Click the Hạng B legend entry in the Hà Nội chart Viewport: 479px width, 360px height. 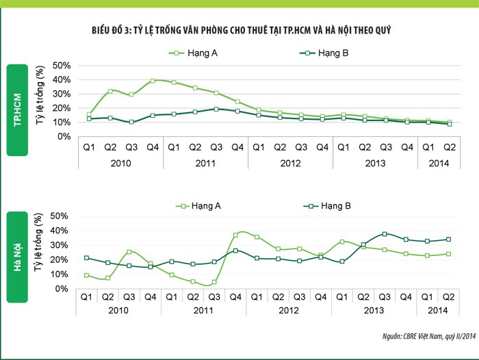[x=328, y=205]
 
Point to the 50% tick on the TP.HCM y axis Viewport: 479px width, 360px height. [x=62, y=66]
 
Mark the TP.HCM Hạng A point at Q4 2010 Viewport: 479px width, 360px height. [x=153, y=81]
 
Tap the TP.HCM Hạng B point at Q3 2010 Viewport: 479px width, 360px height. [x=131, y=122]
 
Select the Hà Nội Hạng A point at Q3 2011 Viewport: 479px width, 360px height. [x=214, y=282]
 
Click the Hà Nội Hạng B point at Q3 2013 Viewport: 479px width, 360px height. [x=385, y=234]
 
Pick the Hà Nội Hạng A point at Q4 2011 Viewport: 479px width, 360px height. [x=236, y=235]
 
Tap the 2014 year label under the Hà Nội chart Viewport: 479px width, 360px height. [x=439, y=311]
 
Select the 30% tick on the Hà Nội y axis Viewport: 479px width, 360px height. [x=62, y=245]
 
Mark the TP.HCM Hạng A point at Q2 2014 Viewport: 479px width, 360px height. [x=449, y=123]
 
